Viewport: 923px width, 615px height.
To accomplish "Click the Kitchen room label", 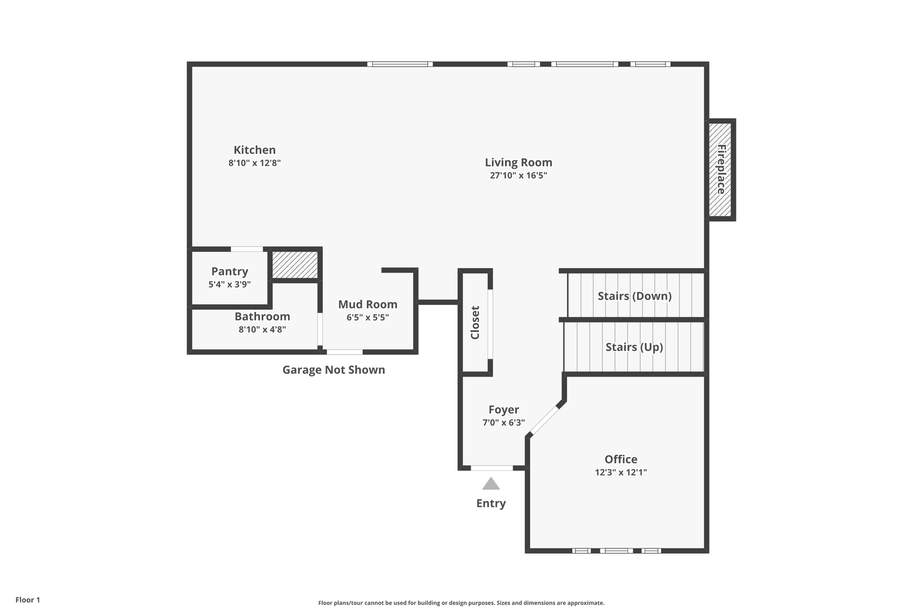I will click(254, 150).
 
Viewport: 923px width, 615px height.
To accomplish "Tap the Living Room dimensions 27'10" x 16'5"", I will click(518, 175).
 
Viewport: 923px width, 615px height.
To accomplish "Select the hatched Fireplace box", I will click(720, 170).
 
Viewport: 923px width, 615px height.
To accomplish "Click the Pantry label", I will click(230, 271).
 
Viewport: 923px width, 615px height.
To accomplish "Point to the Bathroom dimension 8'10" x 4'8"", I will click(262, 329).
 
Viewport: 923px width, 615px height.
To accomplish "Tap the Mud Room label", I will click(368, 305).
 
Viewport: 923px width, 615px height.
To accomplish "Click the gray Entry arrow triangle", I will click(491, 484).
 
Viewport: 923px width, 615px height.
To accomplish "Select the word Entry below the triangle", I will click(491, 503).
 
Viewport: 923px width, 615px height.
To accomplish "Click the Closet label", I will click(475, 323).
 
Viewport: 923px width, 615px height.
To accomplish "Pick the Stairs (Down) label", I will click(635, 296).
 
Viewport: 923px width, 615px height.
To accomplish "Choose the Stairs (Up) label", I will click(634, 347).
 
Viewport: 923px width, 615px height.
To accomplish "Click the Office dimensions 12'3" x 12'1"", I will click(621, 472).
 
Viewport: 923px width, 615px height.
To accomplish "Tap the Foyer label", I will click(503, 410).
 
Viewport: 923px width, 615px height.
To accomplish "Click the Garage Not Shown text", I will click(334, 370).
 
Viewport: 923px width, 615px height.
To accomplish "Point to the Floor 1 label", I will click(27, 600).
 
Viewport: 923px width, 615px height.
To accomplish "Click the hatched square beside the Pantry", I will click(295, 265).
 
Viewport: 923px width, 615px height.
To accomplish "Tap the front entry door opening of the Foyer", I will click(492, 468).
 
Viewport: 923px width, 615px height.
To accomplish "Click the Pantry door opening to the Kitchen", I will click(247, 249).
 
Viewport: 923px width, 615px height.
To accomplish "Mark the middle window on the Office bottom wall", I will click(616, 551).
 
